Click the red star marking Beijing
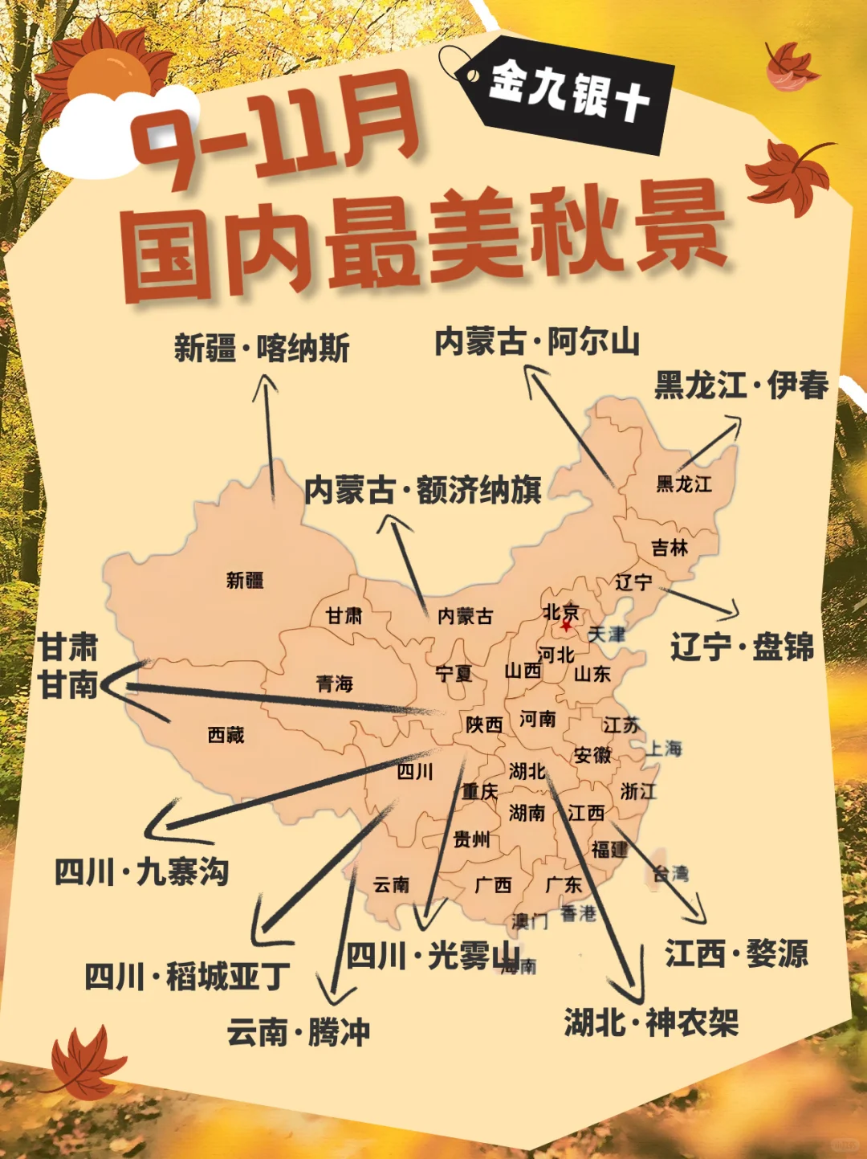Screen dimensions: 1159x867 point(566,625)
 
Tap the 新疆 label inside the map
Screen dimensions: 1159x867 point(245,580)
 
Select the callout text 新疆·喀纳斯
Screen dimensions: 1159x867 point(262,349)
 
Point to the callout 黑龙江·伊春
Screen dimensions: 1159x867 point(741,386)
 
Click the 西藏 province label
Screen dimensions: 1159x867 point(226,735)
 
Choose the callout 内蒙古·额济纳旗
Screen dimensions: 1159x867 point(423,490)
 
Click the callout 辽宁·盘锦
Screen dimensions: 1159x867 point(742,647)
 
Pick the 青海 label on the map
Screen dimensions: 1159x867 point(335,684)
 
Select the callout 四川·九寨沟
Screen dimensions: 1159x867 point(142,872)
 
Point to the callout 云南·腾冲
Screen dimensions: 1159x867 point(298,1032)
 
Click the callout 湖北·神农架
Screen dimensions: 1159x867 point(651,1022)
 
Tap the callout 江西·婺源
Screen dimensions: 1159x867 point(736,954)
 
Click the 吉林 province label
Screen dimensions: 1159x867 point(670,549)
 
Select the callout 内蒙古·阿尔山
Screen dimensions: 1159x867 point(537,342)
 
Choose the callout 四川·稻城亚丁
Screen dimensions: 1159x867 point(187,977)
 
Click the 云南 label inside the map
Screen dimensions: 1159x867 point(392,885)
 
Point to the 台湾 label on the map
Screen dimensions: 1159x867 point(670,874)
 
